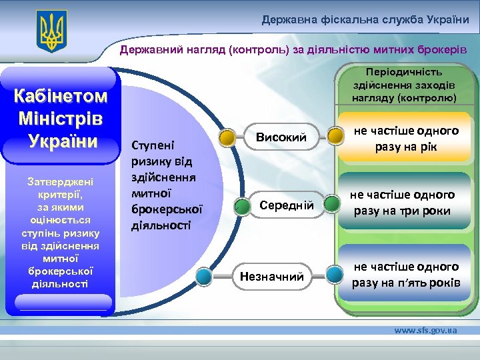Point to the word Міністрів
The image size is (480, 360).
(x=61, y=120)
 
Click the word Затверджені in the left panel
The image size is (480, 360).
(x=60, y=181)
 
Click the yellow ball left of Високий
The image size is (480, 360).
(x=227, y=137)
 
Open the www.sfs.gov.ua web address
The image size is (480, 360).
(x=425, y=331)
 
